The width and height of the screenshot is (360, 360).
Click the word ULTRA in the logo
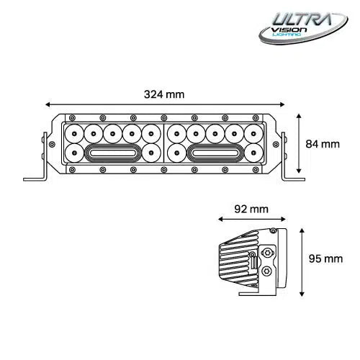click(302, 19)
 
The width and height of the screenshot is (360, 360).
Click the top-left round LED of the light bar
click(76, 134)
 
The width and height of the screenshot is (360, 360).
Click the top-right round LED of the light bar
click(253, 134)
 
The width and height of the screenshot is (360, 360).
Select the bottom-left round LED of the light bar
click(76, 152)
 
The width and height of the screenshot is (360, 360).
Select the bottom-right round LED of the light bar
click(253, 152)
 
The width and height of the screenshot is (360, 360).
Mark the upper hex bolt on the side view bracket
click(269, 253)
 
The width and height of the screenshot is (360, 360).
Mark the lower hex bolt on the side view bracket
click(269, 271)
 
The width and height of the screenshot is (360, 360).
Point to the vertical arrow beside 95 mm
click(302, 261)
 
